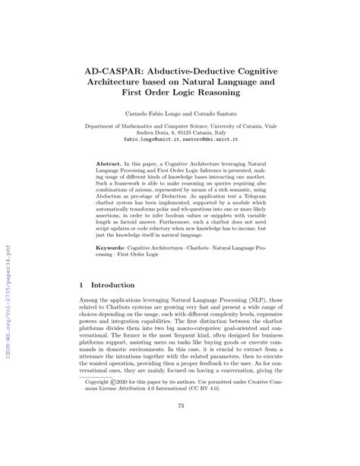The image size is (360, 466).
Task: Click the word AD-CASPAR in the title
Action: [113, 67]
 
